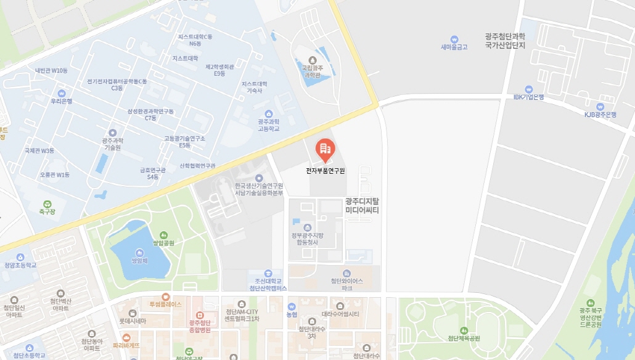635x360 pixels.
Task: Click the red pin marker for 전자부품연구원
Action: tap(325, 149)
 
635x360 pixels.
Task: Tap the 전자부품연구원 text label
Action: tap(326, 171)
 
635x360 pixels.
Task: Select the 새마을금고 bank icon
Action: tap(454, 39)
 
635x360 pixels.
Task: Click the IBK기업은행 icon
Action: tap(528, 89)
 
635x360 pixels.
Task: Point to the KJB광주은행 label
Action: tap(600, 115)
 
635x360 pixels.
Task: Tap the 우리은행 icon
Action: tap(62, 92)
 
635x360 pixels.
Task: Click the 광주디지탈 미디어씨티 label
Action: tap(362, 206)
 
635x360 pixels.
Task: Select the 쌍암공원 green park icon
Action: tap(163, 235)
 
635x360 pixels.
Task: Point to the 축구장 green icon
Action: tap(47, 203)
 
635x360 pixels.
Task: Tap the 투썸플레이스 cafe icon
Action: tap(165, 297)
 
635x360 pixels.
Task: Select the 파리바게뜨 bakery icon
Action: tap(126, 337)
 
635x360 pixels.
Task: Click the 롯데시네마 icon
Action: tap(133, 313)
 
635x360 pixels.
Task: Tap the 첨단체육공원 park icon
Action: tap(464, 330)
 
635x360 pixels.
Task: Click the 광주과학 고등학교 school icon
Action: tap(268, 113)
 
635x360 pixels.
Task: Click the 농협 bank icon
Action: tap(292, 306)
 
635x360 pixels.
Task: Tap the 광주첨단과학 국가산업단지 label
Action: tap(504, 41)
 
